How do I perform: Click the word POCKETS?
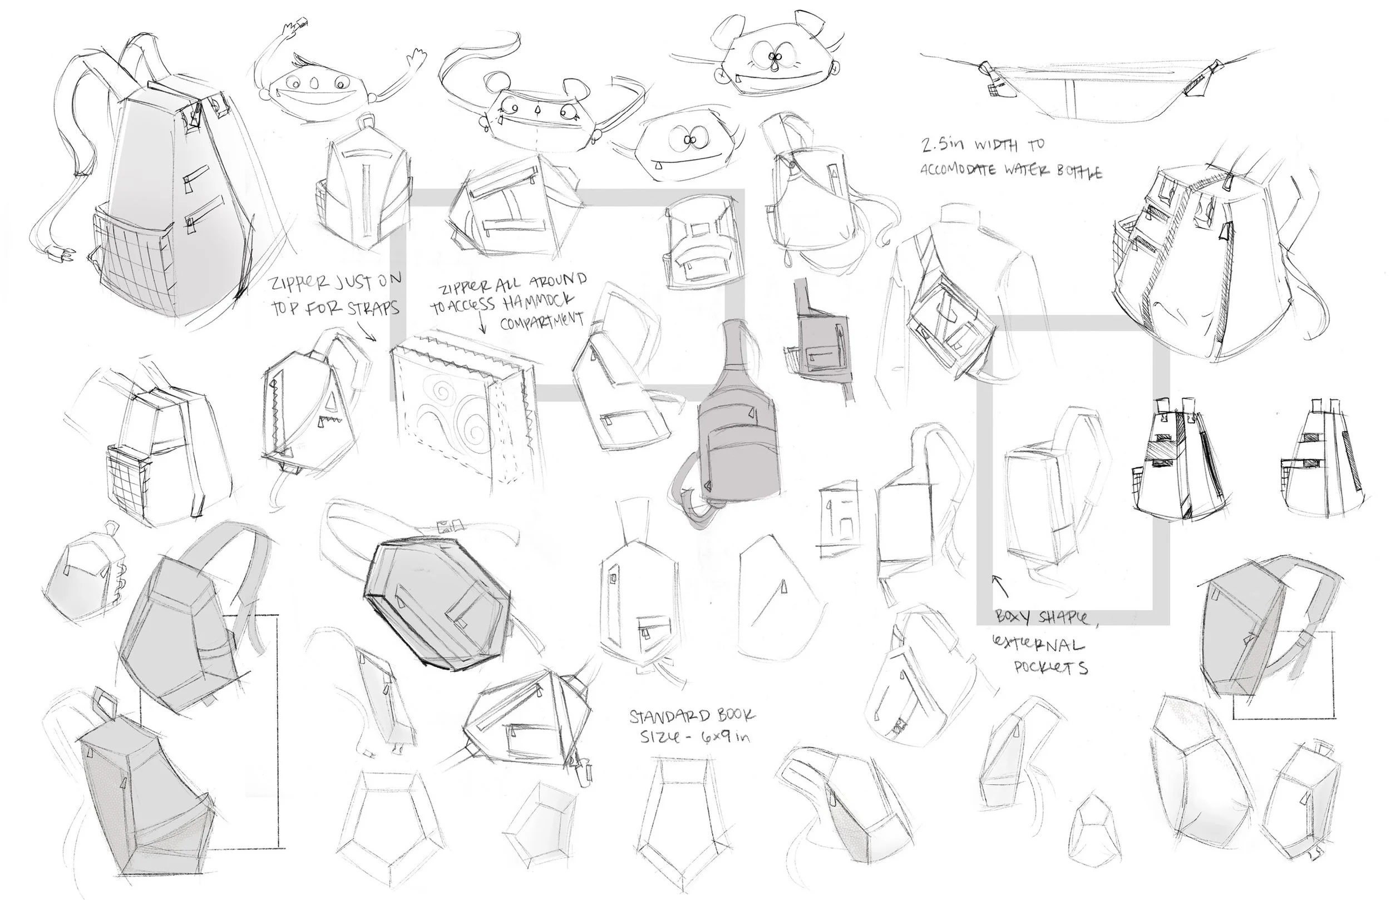[x=1051, y=667]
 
